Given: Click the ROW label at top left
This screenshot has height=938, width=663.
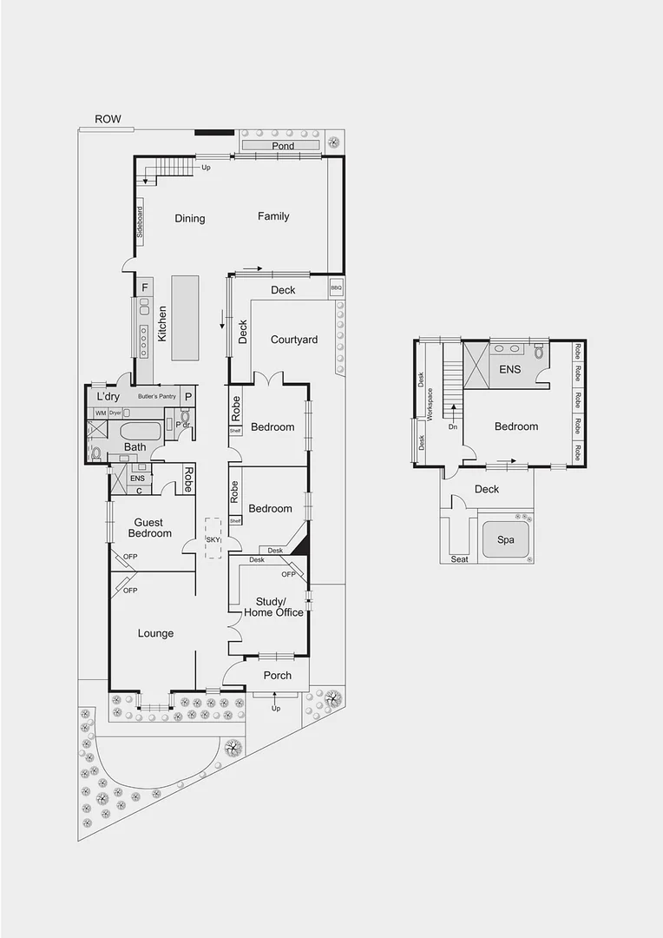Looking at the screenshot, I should tap(108, 120).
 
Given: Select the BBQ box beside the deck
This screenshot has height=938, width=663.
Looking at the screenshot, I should tap(336, 287).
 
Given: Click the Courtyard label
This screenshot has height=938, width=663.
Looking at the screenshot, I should tap(294, 340).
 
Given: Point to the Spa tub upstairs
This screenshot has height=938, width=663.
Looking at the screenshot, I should tap(505, 539).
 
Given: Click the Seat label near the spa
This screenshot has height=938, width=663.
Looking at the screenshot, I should tap(459, 559).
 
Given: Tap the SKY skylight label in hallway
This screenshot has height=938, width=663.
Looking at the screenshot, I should tap(213, 539).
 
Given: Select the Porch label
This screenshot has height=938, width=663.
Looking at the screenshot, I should tap(278, 675).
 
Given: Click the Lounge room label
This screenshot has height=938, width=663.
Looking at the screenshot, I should tap(155, 633).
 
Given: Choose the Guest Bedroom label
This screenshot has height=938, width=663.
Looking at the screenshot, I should tap(150, 527).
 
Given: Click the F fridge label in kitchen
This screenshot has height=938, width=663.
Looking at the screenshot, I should tap(145, 287).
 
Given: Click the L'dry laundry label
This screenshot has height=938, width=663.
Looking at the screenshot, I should tap(109, 396).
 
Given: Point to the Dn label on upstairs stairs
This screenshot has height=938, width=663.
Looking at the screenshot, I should tap(453, 427).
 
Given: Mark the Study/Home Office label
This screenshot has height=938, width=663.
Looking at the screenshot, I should tap(279, 606).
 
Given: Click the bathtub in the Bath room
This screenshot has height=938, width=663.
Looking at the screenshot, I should tap(141, 432).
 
